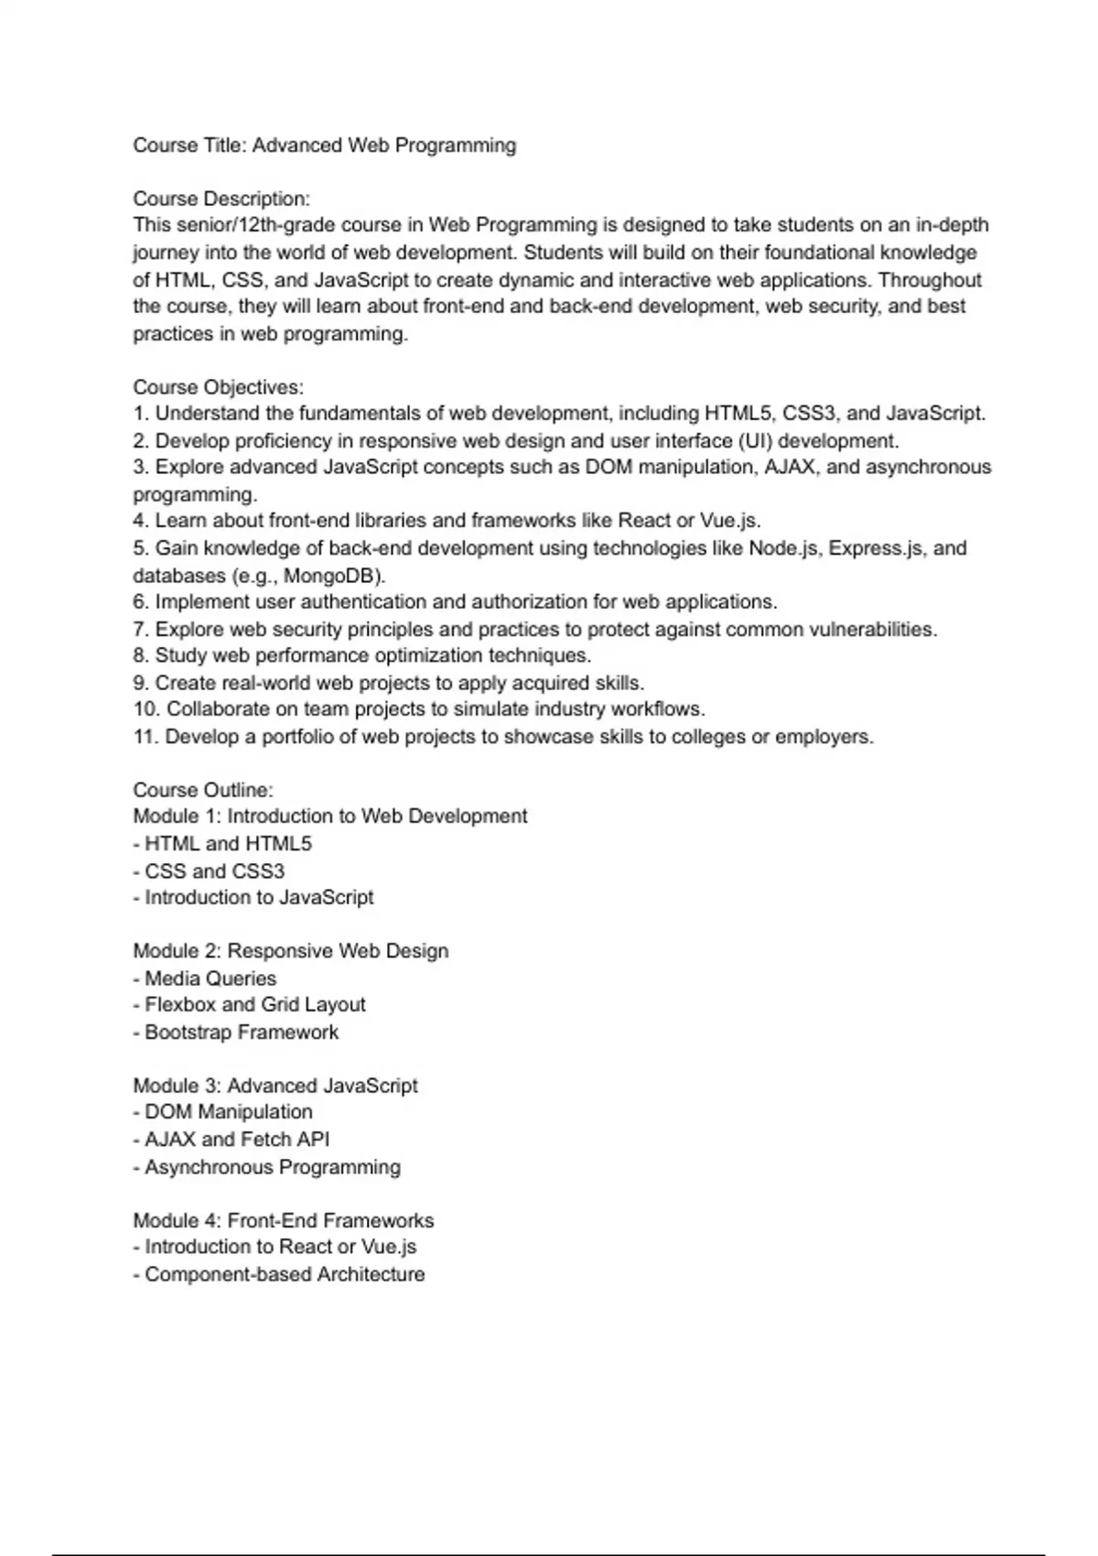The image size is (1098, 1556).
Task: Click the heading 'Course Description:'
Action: tap(221, 199)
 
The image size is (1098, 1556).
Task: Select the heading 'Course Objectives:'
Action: tap(218, 387)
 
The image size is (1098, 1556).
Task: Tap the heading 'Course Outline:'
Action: tap(203, 790)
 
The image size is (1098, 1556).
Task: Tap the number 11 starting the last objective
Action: tap(145, 737)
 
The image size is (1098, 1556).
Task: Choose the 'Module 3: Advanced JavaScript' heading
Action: tap(275, 1086)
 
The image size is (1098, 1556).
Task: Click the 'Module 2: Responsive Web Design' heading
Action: tap(291, 951)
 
